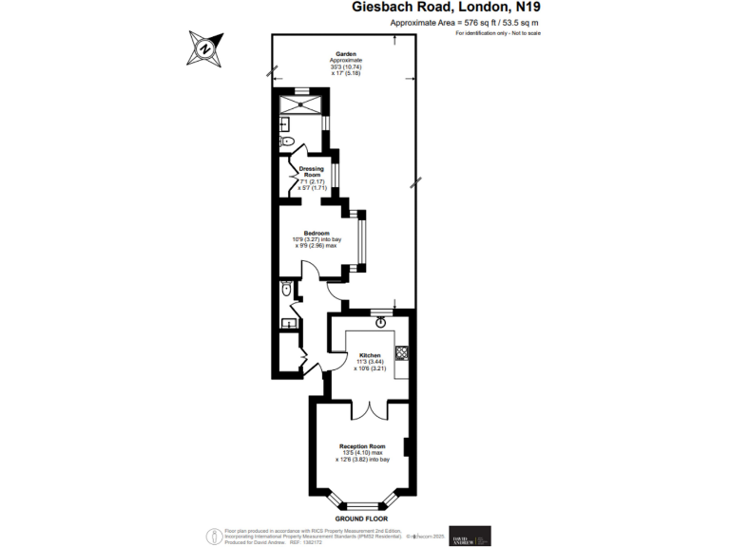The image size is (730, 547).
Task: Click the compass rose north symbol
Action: pyautogui.click(x=206, y=47)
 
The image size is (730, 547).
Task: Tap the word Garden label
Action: pyautogui.click(x=345, y=54)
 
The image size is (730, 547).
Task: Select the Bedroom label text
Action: pyautogui.click(x=317, y=234)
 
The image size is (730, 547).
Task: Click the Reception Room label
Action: pyautogui.click(x=362, y=446)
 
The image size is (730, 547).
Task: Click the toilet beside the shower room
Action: pyautogui.click(x=288, y=141)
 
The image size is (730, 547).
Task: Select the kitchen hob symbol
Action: pyautogui.click(x=401, y=352)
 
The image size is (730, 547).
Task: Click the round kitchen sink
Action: pyautogui.click(x=380, y=322)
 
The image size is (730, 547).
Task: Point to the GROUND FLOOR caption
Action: pyautogui.click(x=364, y=519)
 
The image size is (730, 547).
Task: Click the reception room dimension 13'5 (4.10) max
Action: pyautogui.click(x=362, y=453)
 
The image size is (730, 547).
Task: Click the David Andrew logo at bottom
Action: pyautogui.click(x=470, y=536)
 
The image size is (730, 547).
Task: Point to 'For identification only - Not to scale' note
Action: pyautogui.click(x=497, y=33)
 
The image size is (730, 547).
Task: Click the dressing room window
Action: pyautogui.click(x=327, y=178)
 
